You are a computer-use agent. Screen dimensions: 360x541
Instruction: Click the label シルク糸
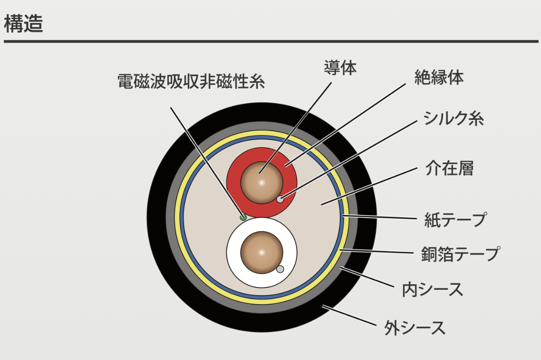(x=453, y=118)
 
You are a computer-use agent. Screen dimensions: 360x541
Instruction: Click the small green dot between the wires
(x=243, y=217)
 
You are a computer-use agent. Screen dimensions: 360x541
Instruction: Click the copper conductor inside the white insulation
(x=261, y=253)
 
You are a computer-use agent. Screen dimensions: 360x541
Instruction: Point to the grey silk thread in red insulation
(x=280, y=199)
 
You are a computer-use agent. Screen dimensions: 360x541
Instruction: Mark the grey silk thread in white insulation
(x=280, y=269)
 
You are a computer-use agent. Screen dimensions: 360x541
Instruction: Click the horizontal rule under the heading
(x=270, y=41)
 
